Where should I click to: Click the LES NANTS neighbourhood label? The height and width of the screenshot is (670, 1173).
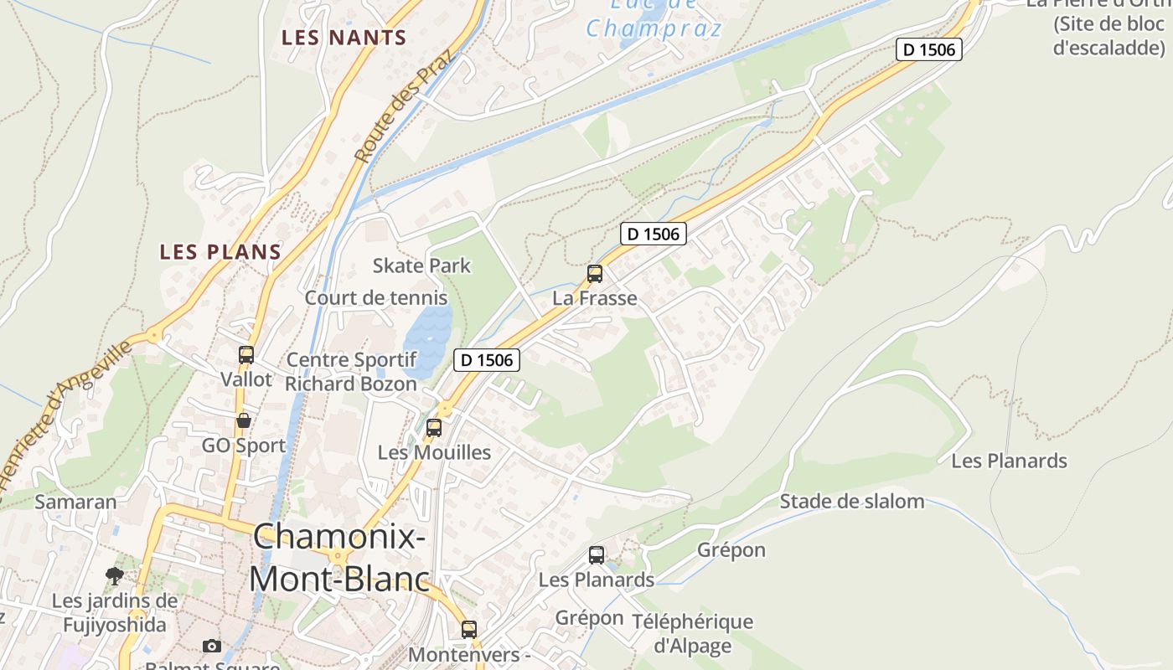coord(344,38)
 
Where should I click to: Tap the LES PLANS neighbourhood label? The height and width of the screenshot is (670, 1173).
coord(220,252)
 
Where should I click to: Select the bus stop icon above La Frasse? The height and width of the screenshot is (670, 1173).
coord(595,273)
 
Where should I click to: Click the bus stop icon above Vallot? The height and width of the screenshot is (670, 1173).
coord(245,354)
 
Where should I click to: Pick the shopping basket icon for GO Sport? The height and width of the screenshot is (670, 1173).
coord(244,420)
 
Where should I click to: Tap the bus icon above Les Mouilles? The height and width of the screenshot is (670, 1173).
coord(434,427)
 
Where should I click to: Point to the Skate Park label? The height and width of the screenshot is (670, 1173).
coord(421,266)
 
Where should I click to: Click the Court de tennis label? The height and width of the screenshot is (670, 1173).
coord(375,298)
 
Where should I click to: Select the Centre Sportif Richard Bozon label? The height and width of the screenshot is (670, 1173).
coord(351,372)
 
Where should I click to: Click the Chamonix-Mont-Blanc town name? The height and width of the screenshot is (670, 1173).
coord(338,558)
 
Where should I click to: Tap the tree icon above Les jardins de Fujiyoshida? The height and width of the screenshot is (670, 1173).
coord(115,576)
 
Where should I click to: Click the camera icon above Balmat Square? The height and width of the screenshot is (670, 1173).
coord(212,646)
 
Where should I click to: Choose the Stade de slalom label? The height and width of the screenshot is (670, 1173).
coord(852,502)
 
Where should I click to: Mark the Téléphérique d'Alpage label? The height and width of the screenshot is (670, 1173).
coord(692,634)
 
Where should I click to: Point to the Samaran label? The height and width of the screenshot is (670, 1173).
coord(75,502)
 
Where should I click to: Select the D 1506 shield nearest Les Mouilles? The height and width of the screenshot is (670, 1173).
coord(487,360)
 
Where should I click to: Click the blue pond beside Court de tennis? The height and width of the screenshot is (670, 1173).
coord(428,338)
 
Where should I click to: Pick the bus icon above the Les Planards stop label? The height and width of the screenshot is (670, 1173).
coord(597,554)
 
